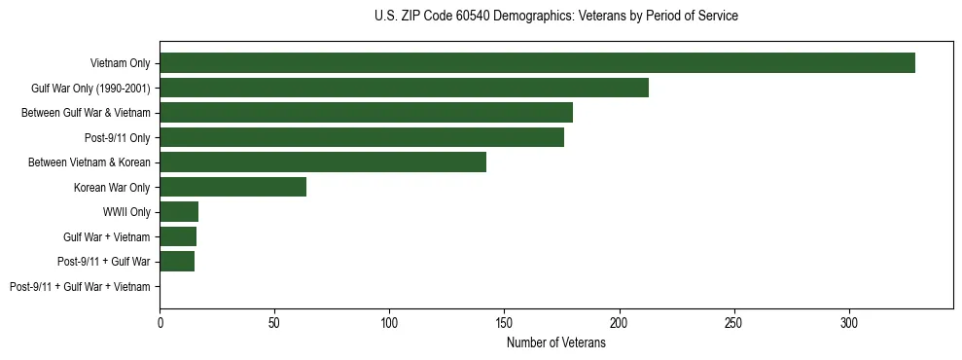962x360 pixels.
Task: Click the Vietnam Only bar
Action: (537, 63)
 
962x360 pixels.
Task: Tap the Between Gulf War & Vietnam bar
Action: (366, 113)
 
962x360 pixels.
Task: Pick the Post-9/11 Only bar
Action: (362, 137)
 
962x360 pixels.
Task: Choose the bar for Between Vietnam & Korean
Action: (323, 162)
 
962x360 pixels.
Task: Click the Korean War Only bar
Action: (232, 187)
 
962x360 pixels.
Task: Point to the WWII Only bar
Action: (179, 212)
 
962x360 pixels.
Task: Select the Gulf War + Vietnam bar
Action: (178, 236)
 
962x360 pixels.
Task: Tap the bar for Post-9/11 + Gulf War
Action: (177, 262)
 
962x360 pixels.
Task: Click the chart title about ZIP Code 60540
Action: (555, 17)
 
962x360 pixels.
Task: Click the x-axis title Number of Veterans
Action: (555, 343)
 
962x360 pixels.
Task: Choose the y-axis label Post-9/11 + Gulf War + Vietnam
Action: (80, 287)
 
